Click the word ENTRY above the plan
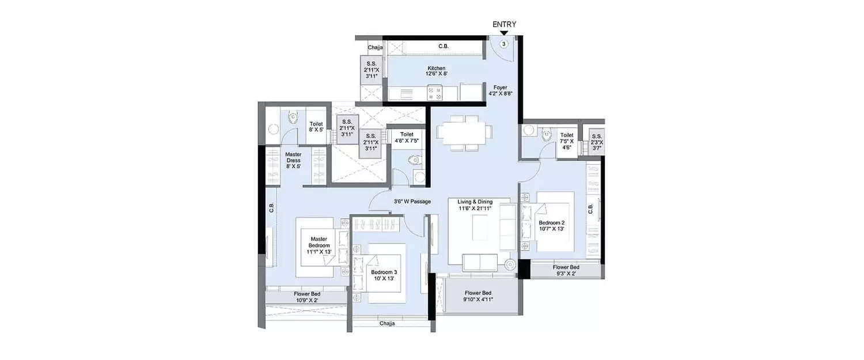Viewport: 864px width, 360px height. (504, 24)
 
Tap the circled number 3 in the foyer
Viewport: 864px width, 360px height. (504, 44)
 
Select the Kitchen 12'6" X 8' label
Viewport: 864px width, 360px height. (436, 71)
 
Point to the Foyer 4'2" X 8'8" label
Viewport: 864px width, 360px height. (500, 90)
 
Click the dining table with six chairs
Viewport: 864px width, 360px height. (464, 132)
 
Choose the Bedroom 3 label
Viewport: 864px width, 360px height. (383, 275)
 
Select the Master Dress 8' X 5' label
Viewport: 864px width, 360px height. (293, 160)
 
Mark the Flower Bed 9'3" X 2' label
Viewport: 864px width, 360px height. (566, 271)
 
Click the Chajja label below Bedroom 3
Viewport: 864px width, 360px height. (387, 324)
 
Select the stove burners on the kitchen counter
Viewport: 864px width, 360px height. (434, 92)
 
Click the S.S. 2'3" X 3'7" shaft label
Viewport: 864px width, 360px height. (597, 142)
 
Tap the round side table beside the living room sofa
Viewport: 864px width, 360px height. (509, 265)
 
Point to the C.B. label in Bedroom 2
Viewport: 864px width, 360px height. (590, 209)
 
